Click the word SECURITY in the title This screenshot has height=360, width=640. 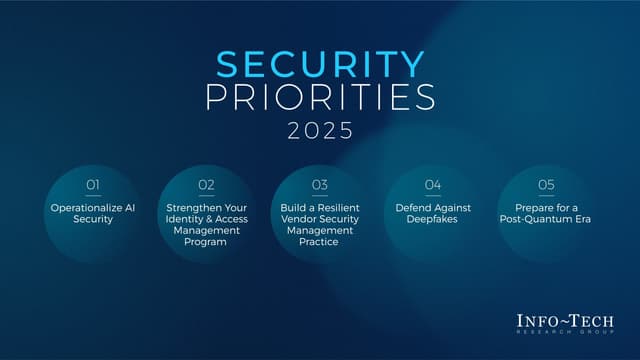(320, 64)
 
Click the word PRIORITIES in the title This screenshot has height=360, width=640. (320, 97)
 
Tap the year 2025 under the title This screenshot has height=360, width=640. (320, 131)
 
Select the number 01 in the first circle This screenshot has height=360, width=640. (93, 185)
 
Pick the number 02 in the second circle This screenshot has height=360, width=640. (206, 185)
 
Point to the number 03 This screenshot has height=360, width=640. (320, 185)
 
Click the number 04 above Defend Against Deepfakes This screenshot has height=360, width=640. (433, 185)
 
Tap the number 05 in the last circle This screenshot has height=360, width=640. (546, 185)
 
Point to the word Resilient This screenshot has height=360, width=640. (341, 207)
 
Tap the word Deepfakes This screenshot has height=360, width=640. (433, 219)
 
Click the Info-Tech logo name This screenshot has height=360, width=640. (565, 321)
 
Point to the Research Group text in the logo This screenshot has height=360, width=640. (565, 333)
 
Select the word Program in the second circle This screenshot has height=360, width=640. (206, 242)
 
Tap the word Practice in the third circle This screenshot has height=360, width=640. (320, 242)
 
